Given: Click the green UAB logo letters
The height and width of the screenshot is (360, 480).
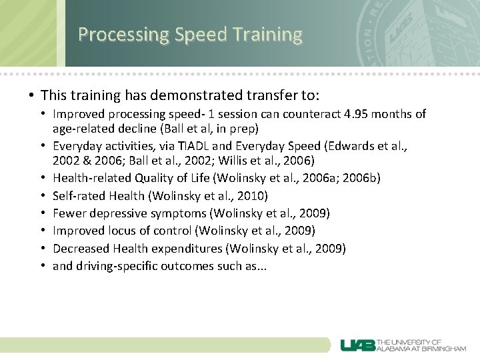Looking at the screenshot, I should point(357,345).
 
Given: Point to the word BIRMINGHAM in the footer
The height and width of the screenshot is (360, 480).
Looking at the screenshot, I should point(444,349).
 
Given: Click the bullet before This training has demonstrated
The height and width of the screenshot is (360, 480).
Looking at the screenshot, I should point(31,95).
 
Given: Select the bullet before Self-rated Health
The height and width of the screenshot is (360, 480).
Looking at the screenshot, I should point(44,196).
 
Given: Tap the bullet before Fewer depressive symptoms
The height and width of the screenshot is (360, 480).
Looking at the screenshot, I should point(44,213).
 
